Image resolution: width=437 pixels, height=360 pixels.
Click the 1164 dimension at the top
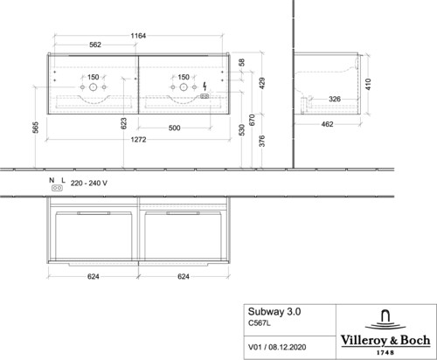click(x=138, y=36)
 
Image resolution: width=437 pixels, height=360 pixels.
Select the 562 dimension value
click(x=95, y=45)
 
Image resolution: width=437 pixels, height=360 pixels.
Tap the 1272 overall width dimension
click(x=138, y=140)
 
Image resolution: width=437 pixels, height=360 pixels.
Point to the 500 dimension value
click(x=174, y=128)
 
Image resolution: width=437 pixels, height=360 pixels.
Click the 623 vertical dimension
click(x=123, y=123)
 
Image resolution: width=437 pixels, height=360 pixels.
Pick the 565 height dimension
click(x=35, y=128)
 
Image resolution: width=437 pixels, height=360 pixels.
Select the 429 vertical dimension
click(x=262, y=83)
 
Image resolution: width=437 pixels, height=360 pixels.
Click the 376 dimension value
click(x=262, y=141)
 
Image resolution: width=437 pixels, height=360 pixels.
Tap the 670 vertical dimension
click(x=253, y=120)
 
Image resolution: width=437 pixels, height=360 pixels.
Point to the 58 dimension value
click(x=241, y=62)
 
